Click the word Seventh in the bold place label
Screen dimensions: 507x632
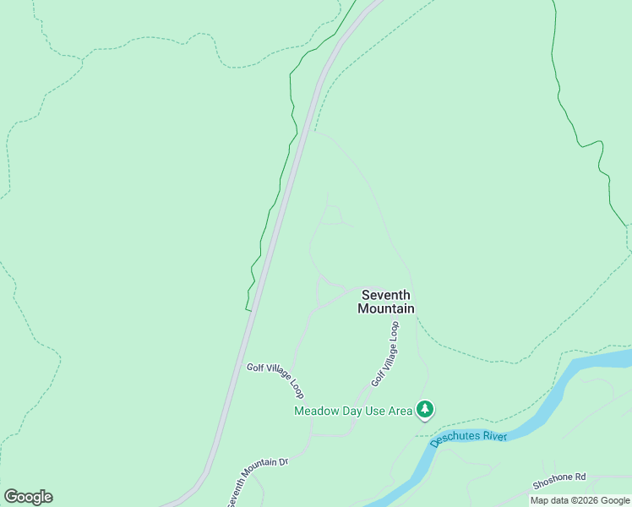[386, 295]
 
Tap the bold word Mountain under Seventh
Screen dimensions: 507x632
[386, 308]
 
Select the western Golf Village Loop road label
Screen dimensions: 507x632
[275, 380]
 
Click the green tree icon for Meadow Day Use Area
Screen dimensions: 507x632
[426, 410]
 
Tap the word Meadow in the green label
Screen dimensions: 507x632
[314, 412]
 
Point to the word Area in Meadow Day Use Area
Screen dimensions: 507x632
[400, 412]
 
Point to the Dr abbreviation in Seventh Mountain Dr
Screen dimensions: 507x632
[284, 461]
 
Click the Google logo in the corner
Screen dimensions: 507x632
[28, 497]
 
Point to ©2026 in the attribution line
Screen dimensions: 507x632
[590, 500]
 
